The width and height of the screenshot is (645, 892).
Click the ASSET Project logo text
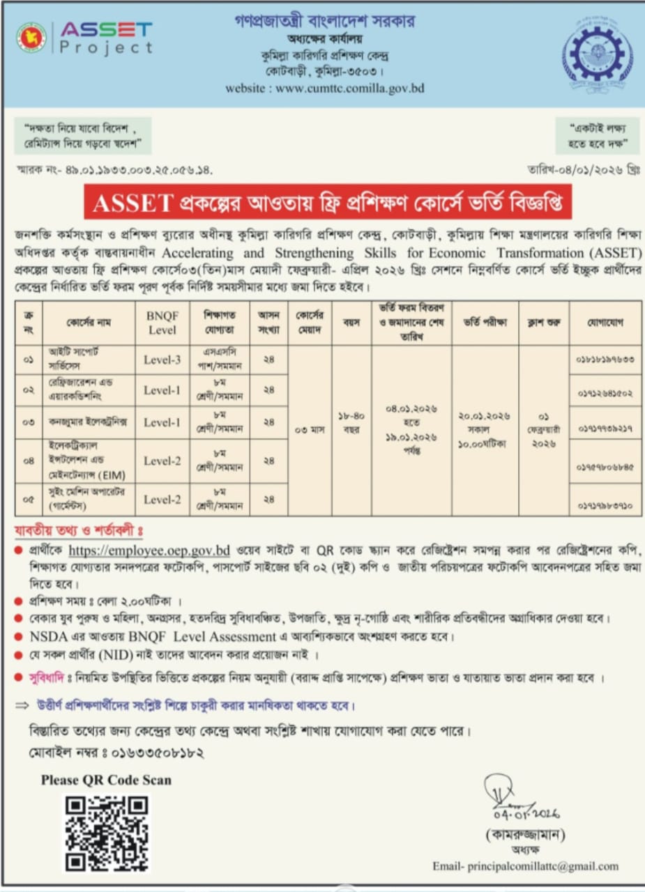pos(106,38)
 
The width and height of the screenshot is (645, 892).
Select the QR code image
pos(107,833)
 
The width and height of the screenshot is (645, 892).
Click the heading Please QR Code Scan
pos(106,780)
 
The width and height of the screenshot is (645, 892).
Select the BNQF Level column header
pos(162,323)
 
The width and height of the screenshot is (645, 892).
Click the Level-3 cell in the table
pos(162,360)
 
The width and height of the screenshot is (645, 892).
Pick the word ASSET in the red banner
pos(132,202)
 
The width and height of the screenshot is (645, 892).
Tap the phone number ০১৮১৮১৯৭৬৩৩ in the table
pos(605,360)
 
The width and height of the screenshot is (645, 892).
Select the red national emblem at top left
pos(31,38)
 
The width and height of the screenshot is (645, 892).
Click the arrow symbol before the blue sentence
pos(22,706)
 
